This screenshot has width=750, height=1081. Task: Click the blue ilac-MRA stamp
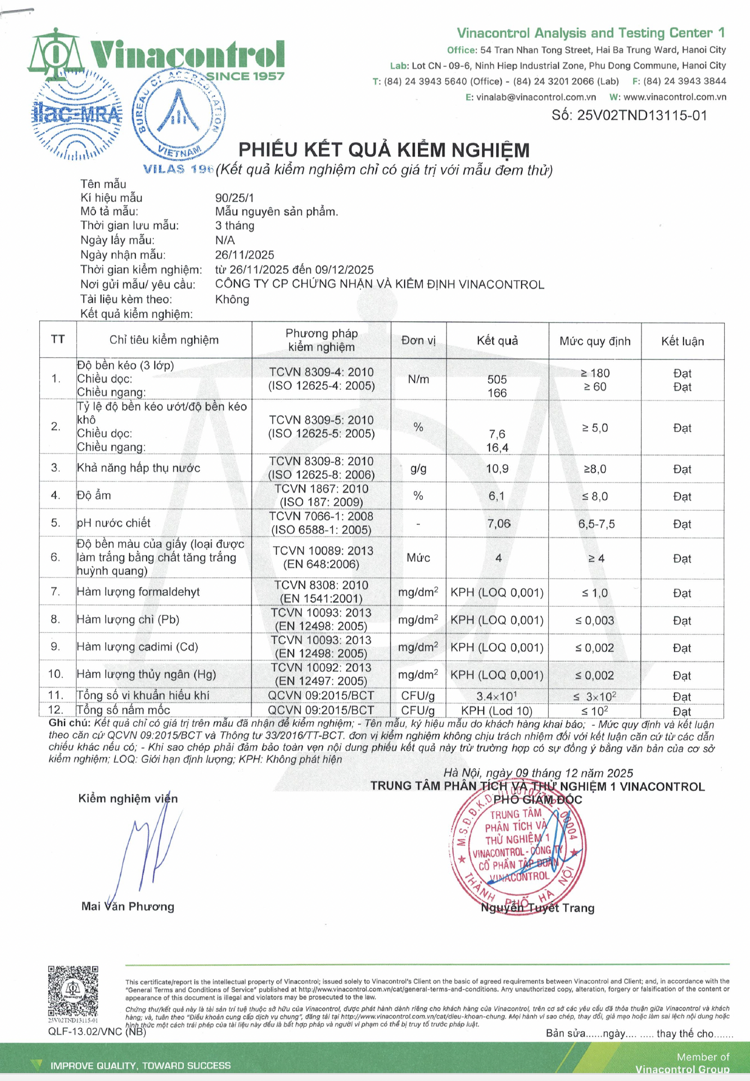[x=76, y=115]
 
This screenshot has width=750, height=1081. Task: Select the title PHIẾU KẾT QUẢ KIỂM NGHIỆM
[x=384, y=150]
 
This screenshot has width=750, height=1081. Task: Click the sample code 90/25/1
[x=234, y=198]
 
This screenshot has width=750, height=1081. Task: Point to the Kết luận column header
[x=682, y=341]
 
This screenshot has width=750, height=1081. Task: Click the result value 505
[x=497, y=380]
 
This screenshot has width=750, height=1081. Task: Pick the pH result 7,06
[x=499, y=524]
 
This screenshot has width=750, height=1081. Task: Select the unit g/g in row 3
[x=418, y=469]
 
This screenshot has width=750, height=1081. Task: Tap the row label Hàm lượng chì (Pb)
[x=128, y=620]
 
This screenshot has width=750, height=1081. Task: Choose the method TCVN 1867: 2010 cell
[x=321, y=496]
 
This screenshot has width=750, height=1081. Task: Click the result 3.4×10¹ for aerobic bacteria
[x=497, y=696]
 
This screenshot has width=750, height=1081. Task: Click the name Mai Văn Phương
[x=128, y=907]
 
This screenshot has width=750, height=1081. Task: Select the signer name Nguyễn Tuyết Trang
[x=537, y=908]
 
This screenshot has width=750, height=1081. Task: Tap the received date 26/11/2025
[x=245, y=255]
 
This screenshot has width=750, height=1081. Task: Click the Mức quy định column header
[x=595, y=341]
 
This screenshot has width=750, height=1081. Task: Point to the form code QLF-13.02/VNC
[x=85, y=1032]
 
